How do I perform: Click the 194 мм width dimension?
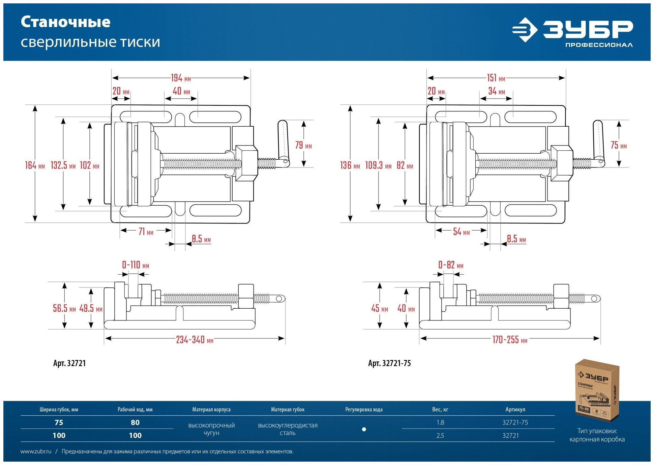[181, 78]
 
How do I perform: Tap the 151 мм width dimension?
[496, 78]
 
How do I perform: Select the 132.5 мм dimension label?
[63, 165]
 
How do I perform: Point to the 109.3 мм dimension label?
[378, 165]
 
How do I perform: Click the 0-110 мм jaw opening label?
[135, 265]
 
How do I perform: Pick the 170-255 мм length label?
[510, 340]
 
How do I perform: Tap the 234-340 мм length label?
[195, 340]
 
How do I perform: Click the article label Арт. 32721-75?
[389, 363]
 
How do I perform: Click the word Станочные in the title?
[65, 22]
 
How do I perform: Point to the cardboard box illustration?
[597, 390]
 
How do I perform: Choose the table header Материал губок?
[288, 410]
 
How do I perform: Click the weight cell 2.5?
[440, 436]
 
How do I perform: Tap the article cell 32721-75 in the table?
[515, 422]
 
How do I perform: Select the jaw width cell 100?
[59, 436]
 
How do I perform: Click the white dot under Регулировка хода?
[364, 430]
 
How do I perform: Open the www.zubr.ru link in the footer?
[36, 451]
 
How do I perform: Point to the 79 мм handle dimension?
[303, 145]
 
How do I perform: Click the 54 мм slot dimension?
[461, 232]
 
